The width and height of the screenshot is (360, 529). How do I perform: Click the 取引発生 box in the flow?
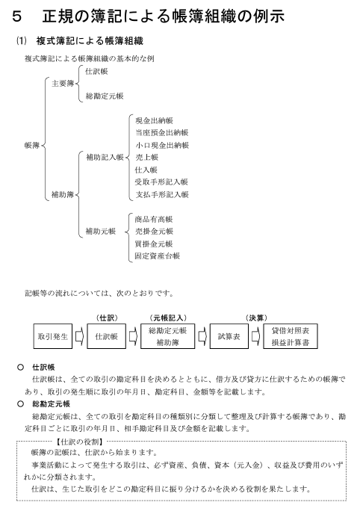[52, 336]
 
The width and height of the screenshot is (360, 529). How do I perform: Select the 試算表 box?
[229, 336]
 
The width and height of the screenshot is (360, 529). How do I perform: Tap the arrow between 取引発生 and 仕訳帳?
[79, 336]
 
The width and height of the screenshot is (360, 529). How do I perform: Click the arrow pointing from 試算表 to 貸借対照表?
[255, 336]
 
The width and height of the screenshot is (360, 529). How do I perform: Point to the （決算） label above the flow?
[256, 318]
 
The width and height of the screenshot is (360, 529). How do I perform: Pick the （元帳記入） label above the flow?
[168, 318]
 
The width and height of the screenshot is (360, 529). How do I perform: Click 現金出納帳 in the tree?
[154, 120]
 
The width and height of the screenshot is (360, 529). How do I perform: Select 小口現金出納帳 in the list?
[162, 145]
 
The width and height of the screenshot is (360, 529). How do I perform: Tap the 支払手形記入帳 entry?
[162, 194]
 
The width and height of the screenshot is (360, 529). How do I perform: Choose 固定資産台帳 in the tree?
[158, 256]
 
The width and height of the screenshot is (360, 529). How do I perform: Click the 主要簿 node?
[63, 84]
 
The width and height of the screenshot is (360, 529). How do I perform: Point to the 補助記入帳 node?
[105, 157]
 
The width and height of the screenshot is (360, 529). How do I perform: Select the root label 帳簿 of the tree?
[32, 146]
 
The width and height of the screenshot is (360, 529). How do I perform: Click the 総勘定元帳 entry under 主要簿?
[105, 96]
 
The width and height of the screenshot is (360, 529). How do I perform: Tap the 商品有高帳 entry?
[154, 219]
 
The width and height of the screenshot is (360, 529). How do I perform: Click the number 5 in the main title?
[17, 16]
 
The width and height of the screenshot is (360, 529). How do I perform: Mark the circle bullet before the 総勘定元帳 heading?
[21, 403]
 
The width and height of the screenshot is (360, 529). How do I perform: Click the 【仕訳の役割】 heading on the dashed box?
[80, 442]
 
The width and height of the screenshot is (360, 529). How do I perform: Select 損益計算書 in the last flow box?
[291, 342]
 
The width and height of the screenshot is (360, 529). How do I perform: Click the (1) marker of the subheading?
[22, 41]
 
